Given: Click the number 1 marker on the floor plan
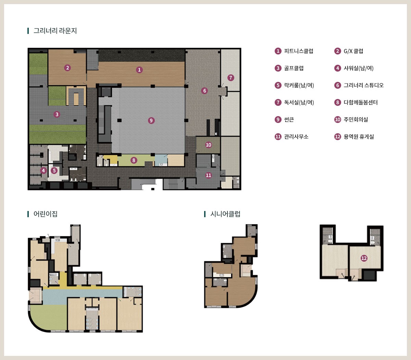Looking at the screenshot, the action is [x=139, y=70].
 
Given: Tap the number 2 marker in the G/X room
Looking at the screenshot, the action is [x=67, y=68].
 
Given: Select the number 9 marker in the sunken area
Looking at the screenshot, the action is [x=151, y=121].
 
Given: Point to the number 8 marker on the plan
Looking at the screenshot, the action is [x=134, y=160].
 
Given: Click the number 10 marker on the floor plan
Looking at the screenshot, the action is [x=209, y=145].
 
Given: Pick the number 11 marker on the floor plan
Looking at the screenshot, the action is [x=209, y=175].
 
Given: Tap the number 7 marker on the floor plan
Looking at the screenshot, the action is [x=231, y=78].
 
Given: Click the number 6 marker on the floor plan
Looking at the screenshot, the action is [x=204, y=91].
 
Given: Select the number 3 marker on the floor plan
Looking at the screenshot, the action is [x=57, y=114].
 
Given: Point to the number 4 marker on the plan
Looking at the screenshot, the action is [x=43, y=171].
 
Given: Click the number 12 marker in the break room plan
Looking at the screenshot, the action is [x=364, y=258].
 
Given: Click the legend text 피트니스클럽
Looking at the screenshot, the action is [x=299, y=51].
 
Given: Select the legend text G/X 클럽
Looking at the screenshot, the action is [x=353, y=51].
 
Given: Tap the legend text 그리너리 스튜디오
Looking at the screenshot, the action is [x=364, y=85].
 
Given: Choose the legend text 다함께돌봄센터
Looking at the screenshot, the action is [x=361, y=102].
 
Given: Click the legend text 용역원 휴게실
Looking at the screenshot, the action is [x=359, y=137].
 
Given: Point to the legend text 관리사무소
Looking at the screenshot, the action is [x=296, y=137].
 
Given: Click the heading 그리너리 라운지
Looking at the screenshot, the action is [x=55, y=31].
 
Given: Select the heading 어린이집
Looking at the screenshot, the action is [x=46, y=214].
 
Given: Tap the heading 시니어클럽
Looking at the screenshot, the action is [x=225, y=214].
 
